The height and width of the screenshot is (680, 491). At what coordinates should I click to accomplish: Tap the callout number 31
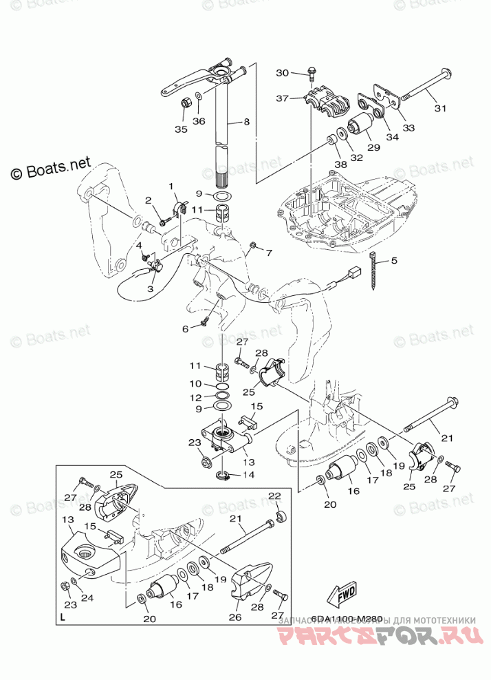tap(440, 107)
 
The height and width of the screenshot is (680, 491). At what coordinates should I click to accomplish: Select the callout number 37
tap(283, 98)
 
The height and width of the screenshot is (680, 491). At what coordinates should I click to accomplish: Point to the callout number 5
tap(395, 261)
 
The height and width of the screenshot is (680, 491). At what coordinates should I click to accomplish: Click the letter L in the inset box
tap(63, 617)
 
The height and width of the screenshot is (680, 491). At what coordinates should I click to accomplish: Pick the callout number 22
tap(274, 496)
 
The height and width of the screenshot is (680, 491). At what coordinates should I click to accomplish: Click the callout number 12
tap(196, 397)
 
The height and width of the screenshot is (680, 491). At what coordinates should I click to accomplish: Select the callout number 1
tap(173, 186)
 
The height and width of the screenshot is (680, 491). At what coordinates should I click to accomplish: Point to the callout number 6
tap(185, 329)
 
